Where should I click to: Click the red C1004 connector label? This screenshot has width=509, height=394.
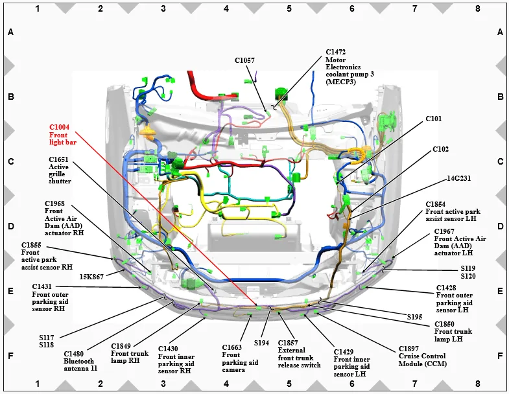pyautogui.click(x=60, y=127)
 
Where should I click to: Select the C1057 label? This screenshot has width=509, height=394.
pyautogui.click(x=244, y=60)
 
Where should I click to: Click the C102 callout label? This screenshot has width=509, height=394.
pyautogui.click(x=440, y=149)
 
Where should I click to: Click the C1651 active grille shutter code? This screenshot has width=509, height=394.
pyautogui.click(x=58, y=159)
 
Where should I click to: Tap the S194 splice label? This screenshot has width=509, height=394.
pyautogui.click(x=261, y=343)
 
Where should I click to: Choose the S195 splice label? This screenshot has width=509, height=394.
pyautogui.click(x=415, y=317)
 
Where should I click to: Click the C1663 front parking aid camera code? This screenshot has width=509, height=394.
pyautogui.click(x=231, y=347)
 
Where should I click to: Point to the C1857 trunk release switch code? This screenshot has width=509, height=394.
pyautogui.click(x=288, y=342)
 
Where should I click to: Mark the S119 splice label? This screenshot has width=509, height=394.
pyautogui.click(x=468, y=268)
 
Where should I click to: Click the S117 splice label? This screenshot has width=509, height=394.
pyautogui.click(x=47, y=337)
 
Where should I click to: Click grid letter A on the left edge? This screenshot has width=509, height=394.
pyautogui.click(x=10, y=32)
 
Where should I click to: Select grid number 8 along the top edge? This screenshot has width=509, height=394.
pyautogui.click(x=478, y=8)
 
